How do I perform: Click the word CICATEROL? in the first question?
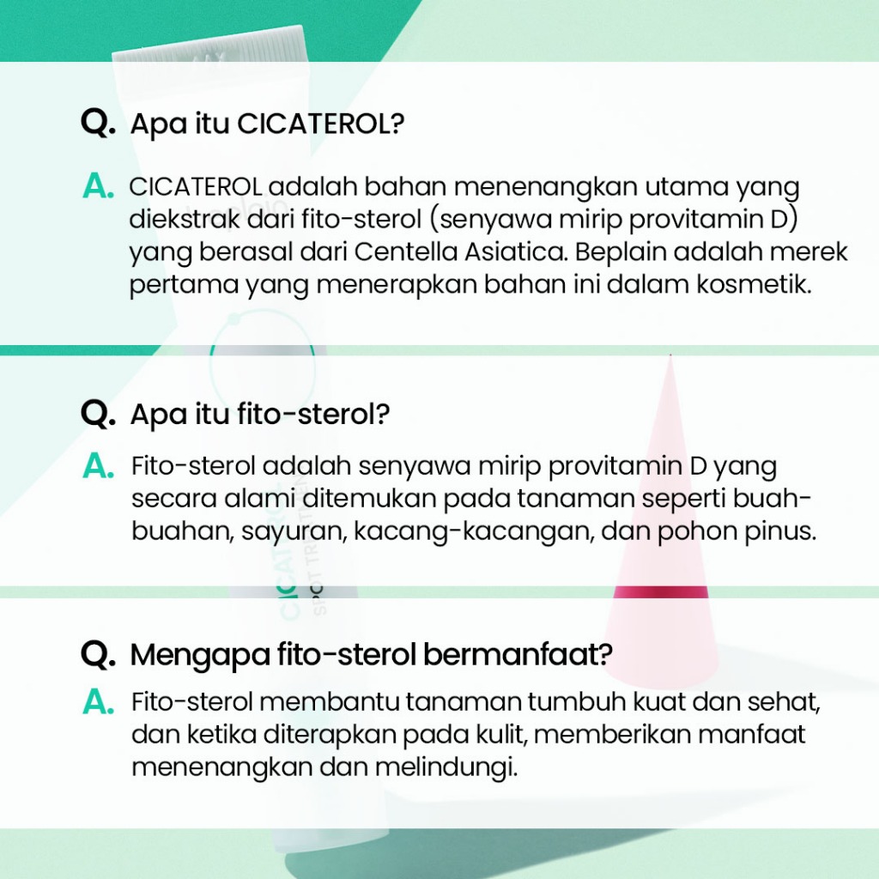(321, 124)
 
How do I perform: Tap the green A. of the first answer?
(98, 186)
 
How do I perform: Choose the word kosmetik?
(754, 284)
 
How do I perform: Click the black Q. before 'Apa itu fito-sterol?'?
(98, 414)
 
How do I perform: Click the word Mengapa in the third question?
(200, 654)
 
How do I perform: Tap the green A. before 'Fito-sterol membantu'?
(98, 702)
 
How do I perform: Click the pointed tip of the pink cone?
(670, 355)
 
